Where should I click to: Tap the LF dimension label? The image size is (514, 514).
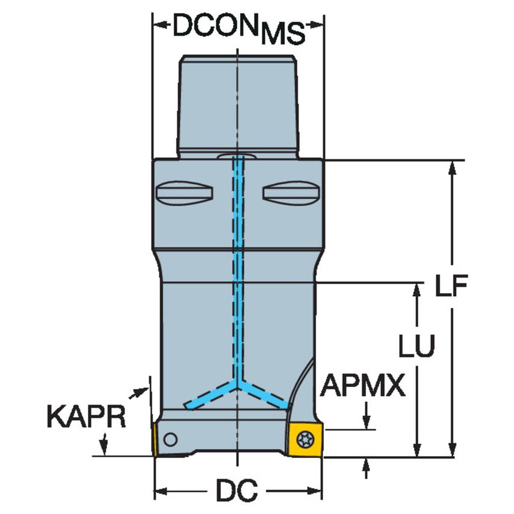(x=451, y=285)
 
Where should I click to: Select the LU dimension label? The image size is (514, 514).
(x=416, y=345)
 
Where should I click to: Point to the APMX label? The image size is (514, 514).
(x=362, y=385)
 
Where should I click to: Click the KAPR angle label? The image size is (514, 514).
(x=87, y=416)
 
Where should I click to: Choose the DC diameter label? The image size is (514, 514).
(x=238, y=491)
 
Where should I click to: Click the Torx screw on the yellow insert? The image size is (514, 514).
(x=305, y=439)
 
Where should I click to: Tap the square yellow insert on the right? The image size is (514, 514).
(x=306, y=439)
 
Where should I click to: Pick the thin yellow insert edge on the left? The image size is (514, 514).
(x=154, y=439)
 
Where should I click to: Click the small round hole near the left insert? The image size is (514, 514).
(x=170, y=439)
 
